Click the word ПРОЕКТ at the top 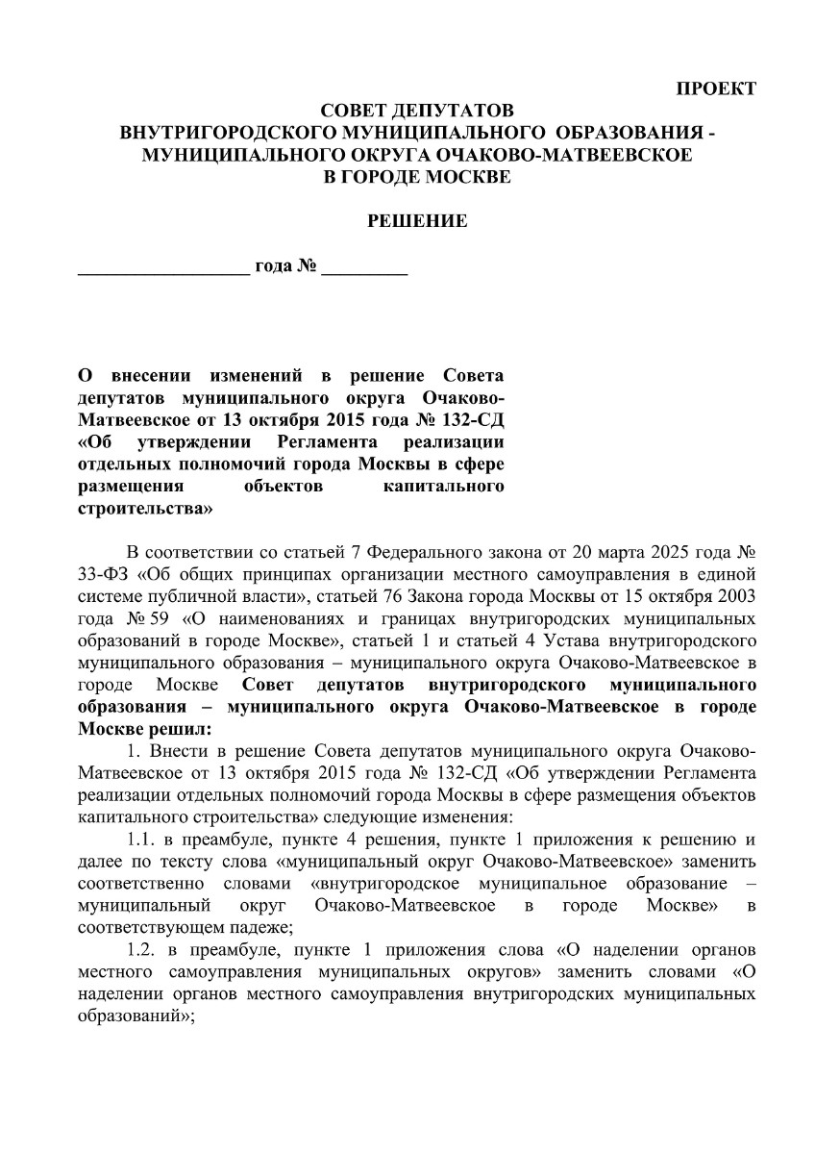point(717,88)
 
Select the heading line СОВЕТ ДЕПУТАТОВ point(417,112)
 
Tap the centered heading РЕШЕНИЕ point(417,221)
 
